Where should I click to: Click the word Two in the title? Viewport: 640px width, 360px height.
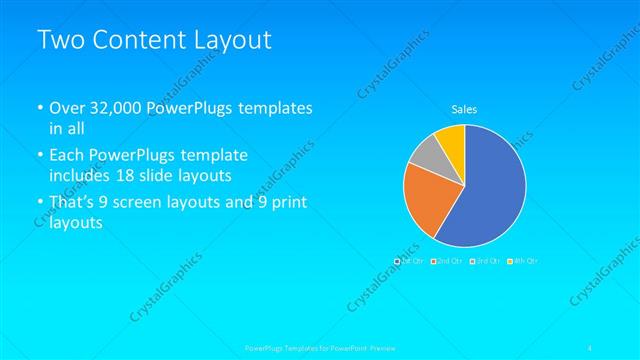60,41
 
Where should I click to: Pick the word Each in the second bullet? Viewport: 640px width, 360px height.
68,155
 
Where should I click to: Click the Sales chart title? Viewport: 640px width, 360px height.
465,108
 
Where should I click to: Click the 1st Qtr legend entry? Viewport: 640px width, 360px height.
410,261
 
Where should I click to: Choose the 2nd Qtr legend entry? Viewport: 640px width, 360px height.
446,261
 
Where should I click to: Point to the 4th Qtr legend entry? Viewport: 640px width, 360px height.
522,261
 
